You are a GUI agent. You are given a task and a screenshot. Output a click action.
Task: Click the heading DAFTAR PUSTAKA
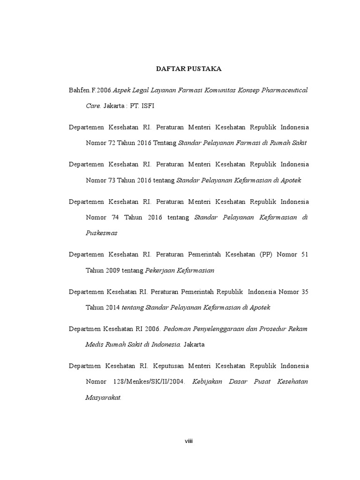(x=188, y=69)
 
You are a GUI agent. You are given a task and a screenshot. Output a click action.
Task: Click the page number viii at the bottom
(x=188, y=441)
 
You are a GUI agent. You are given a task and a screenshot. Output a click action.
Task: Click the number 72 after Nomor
(x=112, y=143)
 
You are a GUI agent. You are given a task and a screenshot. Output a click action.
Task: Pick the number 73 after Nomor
(x=112, y=180)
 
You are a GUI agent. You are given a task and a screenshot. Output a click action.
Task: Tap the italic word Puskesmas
(x=101, y=233)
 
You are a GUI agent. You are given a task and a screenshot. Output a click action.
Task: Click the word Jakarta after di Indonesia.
(x=194, y=345)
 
